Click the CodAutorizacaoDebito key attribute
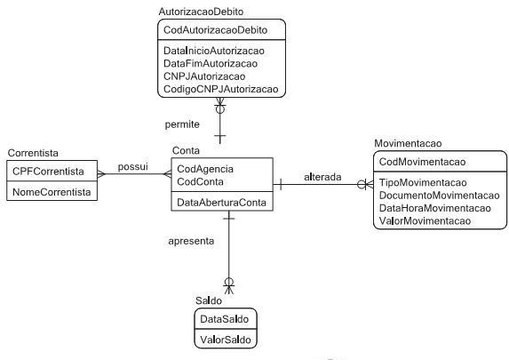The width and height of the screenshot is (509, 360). (215, 30)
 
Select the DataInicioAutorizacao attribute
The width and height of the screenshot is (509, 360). (214, 51)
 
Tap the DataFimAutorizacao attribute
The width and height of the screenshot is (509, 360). (211, 64)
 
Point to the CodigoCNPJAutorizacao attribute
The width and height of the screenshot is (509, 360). (220, 89)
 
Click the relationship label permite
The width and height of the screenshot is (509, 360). (182, 124)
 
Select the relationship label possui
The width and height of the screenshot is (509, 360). (132, 167)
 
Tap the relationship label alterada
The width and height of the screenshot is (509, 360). (322, 177)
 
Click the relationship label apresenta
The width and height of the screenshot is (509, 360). (191, 241)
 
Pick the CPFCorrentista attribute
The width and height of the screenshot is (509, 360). (48, 172)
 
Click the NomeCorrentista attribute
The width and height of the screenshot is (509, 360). (52, 192)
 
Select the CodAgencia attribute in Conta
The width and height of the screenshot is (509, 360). (205, 169)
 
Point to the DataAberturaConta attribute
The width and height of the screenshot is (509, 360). (221, 203)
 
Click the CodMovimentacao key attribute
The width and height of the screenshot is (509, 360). (422, 162)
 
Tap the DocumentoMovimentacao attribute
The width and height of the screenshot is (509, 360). (439, 196)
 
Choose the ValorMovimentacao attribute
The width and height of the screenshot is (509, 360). (425, 221)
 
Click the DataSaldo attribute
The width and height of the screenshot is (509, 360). (225, 319)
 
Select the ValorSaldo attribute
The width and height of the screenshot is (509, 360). (226, 340)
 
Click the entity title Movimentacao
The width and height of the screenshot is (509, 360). (408, 144)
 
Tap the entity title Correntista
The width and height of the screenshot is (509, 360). (33, 153)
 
